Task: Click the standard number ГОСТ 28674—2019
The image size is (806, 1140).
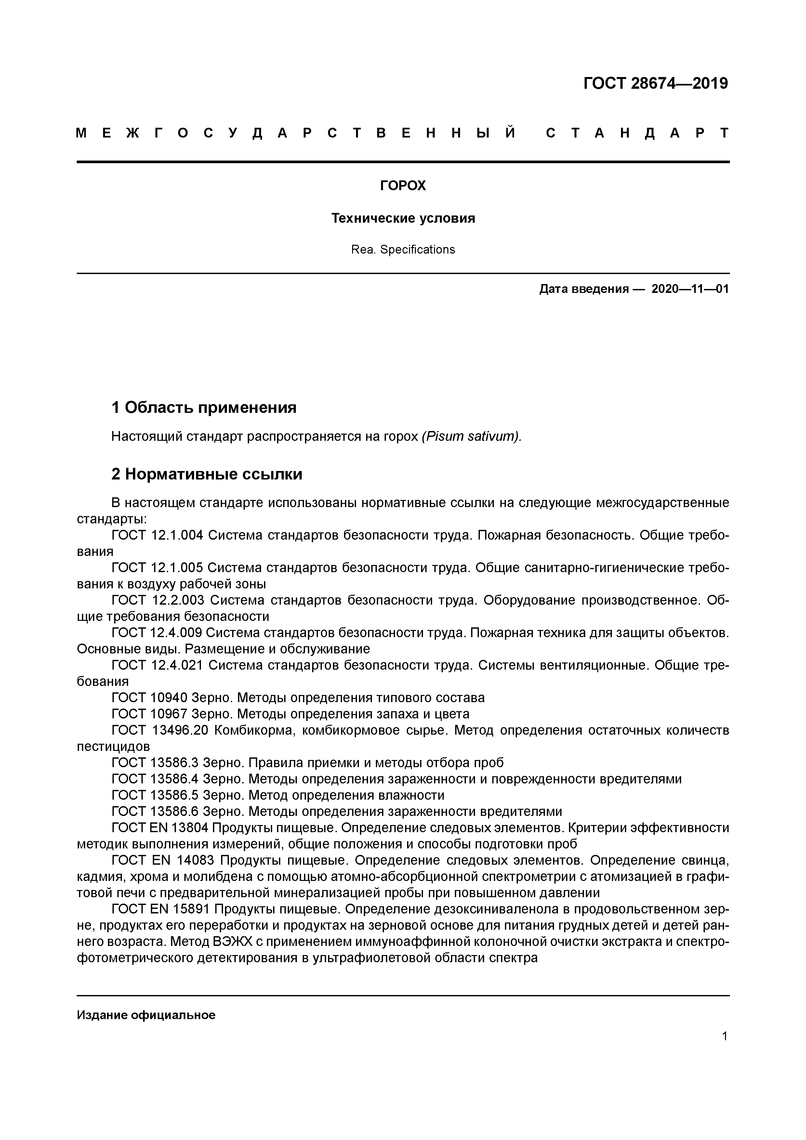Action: coord(655,84)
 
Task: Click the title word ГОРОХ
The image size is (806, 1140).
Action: coord(403,186)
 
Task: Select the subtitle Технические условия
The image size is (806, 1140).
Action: coord(403,218)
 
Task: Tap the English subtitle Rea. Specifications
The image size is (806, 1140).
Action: coord(403,250)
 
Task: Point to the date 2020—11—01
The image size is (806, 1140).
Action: coord(690,289)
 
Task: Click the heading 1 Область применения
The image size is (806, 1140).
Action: coord(204,408)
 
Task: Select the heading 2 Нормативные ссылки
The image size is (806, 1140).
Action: coord(206,475)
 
